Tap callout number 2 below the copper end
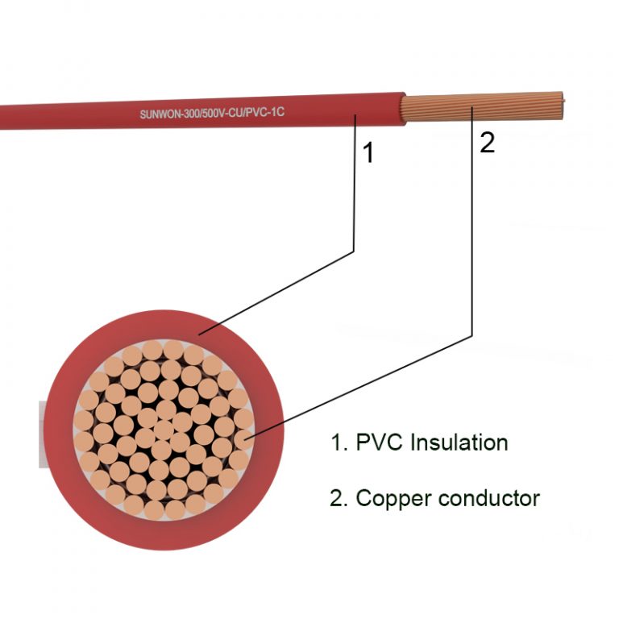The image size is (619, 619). [x=487, y=143]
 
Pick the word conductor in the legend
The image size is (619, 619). [x=489, y=499]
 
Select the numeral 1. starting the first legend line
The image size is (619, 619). [x=337, y=442]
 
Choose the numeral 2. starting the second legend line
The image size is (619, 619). [x=338, y=499]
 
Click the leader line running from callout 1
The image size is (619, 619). [x=355, y=201]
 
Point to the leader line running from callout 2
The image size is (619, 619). [x=472, y=242]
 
